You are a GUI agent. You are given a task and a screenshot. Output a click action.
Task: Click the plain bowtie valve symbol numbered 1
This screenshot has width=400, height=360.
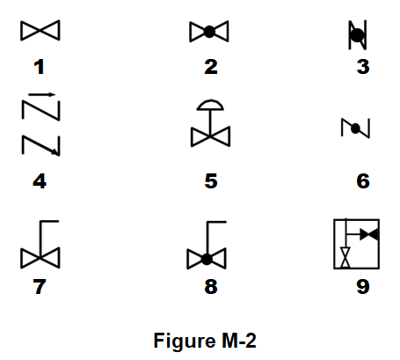[x=40, y=30]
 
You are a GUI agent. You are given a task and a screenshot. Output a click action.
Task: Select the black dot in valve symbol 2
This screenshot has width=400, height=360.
[x=209, y=32]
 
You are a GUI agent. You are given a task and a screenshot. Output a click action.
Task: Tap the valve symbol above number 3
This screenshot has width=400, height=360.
[x=358, y=35]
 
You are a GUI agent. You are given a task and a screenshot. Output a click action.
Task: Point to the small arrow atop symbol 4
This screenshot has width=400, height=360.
[x=42, y=94]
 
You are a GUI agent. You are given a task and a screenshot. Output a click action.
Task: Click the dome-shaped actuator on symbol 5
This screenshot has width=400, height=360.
[x=210, y=106]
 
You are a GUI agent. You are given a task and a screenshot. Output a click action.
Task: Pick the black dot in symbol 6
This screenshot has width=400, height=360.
[x=355, y=129]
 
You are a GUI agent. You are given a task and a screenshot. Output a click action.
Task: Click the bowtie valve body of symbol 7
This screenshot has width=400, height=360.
[x=40, y=258]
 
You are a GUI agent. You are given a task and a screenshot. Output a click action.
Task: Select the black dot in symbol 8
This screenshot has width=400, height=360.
[x=207, y=260]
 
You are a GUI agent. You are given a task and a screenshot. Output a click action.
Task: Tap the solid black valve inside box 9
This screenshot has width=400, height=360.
[x=369, y=235]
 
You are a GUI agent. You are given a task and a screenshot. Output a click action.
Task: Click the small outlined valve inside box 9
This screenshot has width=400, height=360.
[x=345, y=257]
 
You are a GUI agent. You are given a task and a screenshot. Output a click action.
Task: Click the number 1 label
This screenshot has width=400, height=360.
[x=40, y=67]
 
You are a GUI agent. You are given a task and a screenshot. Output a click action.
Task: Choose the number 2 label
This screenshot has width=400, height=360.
[x=211, y=67]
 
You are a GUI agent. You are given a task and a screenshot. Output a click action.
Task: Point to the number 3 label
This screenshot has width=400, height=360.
[x=363, y=67]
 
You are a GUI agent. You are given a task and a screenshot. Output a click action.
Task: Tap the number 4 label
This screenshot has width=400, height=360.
[x=40, y=181]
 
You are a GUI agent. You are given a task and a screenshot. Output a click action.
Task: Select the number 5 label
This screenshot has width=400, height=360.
[x=211, y=181]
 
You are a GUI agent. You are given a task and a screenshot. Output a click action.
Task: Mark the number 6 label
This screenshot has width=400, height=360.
[x=363, y=181]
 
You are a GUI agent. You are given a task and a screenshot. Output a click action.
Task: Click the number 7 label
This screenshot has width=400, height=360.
[x=40, y=287]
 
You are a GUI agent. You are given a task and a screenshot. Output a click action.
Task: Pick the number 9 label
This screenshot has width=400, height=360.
[x=363, y=287]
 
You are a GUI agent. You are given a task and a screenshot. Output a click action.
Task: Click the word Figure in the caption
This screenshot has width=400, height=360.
[x=184, y=342]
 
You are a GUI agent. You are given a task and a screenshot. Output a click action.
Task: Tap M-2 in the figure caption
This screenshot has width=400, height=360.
[x=238, y=341]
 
